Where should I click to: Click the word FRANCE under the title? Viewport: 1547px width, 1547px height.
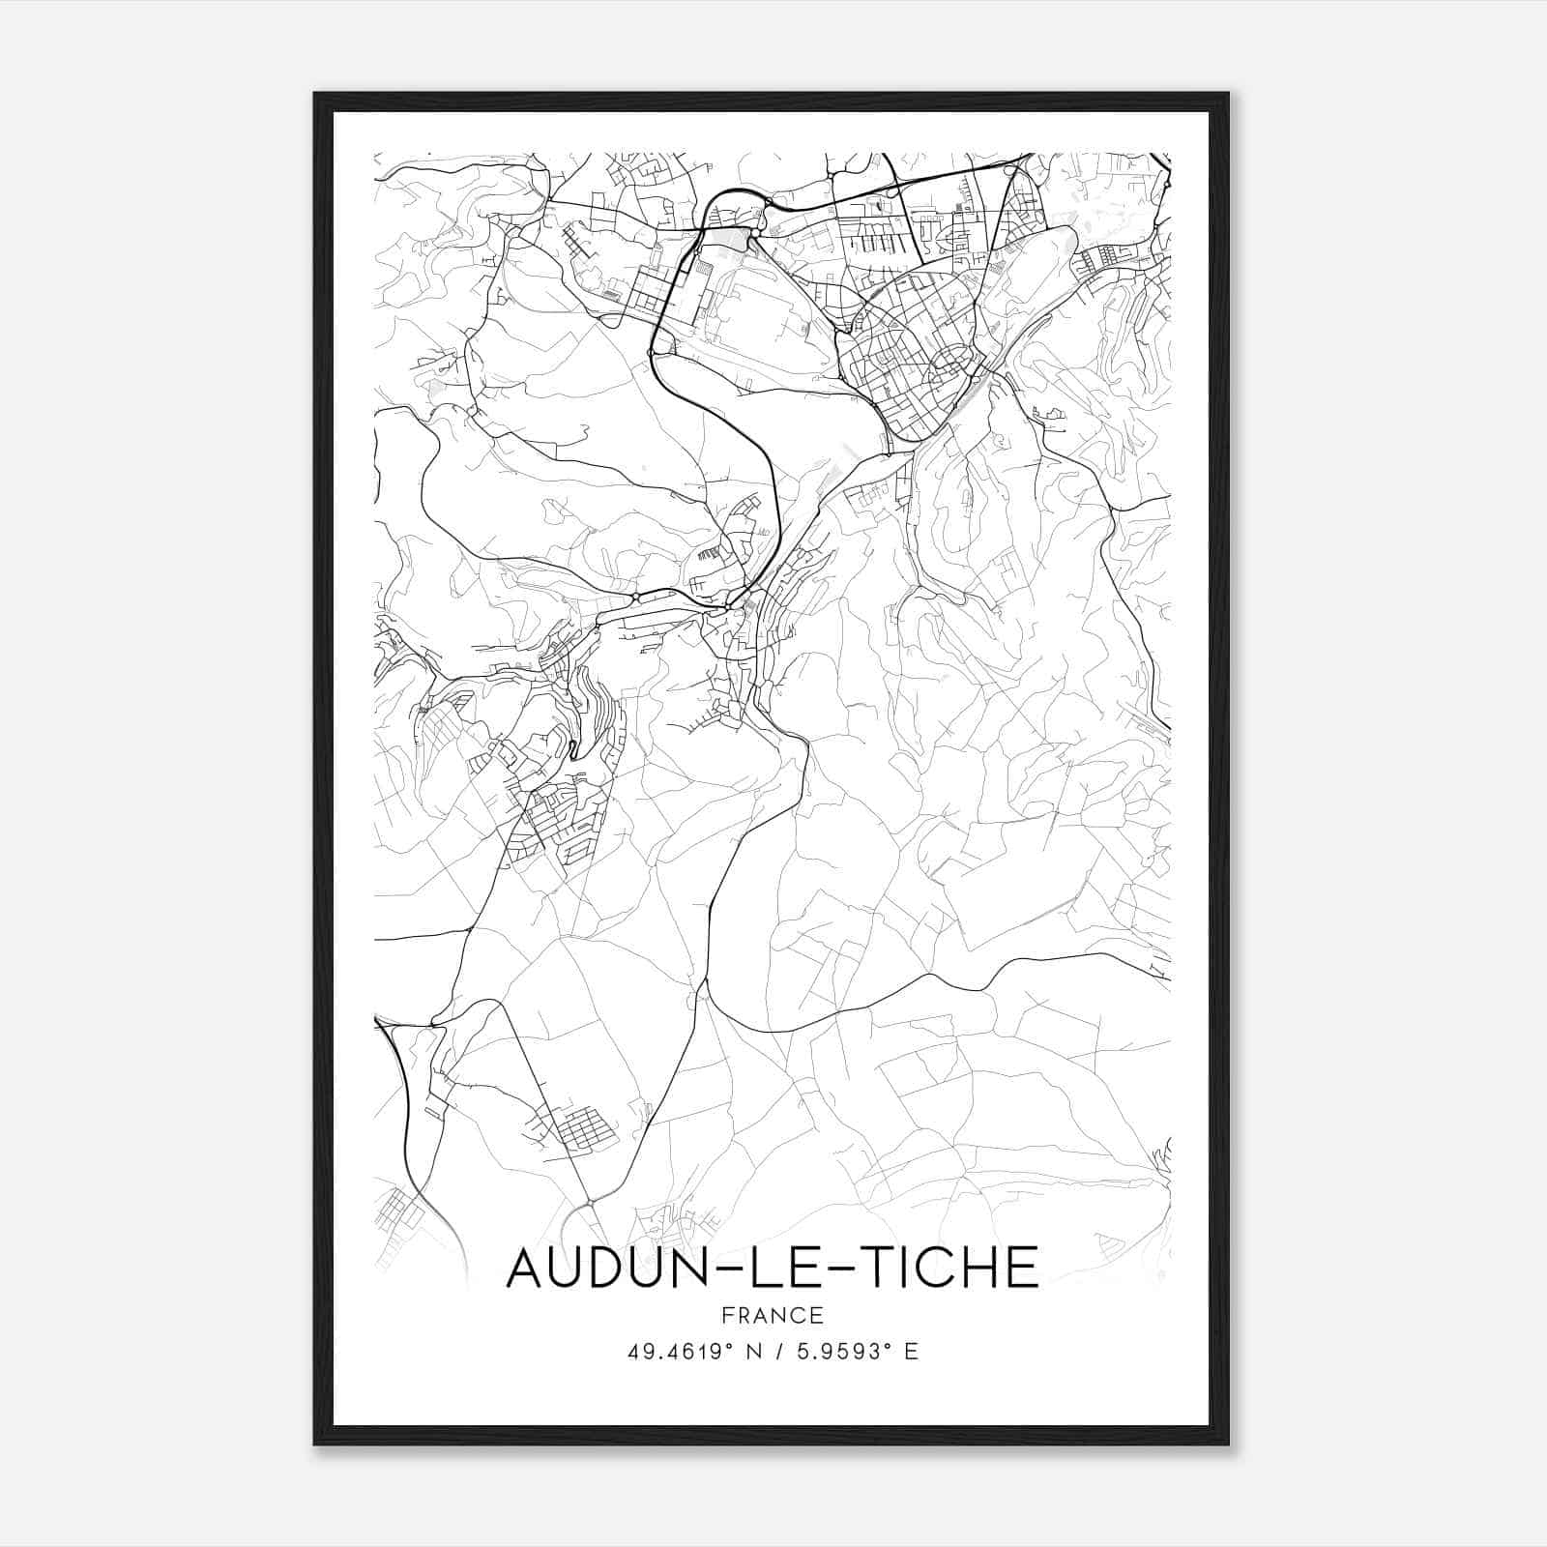(x=773, y=1316)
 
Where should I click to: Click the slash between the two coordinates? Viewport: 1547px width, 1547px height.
(x=779, y=1352)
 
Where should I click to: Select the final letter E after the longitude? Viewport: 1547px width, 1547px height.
(x=911, y=1352)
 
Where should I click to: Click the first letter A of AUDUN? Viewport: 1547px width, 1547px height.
(x=527, y=1268)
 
